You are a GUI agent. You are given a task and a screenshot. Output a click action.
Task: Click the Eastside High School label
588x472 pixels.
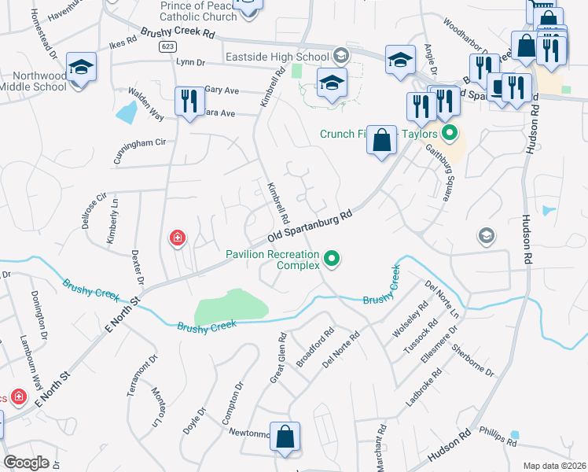277,57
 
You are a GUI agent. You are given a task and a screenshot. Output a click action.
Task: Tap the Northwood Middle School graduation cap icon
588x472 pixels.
81,68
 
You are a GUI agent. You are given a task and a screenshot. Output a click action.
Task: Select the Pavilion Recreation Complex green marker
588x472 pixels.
332,257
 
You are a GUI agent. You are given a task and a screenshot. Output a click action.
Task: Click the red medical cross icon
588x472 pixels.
178,237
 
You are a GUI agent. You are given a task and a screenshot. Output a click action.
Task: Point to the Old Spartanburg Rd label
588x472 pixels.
308,226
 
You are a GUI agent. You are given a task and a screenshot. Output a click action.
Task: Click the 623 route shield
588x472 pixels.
167,46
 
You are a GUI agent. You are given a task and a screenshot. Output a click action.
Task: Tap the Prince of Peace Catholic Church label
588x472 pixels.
193,11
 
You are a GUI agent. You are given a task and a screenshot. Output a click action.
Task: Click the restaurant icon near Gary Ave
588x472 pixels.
189,101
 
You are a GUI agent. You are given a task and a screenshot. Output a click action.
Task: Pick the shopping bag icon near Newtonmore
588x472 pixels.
285,437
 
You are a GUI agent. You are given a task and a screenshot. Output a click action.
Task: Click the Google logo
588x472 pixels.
26,462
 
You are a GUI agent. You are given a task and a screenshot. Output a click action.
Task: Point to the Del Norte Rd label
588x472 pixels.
341,349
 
